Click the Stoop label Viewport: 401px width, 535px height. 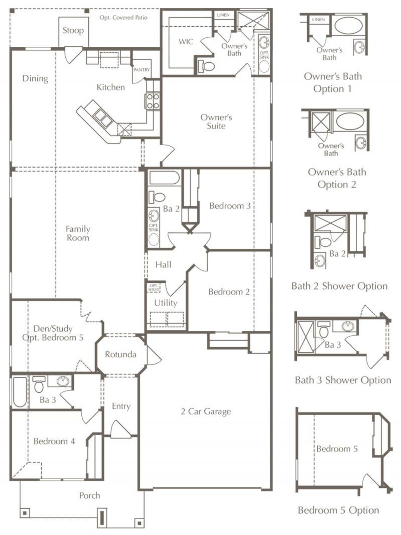73,31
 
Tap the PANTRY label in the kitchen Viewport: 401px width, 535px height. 141,70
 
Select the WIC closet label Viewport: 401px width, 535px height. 185,42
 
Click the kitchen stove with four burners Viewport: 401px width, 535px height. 153,102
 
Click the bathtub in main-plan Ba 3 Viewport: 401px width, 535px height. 20,392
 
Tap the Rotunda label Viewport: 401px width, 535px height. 121,354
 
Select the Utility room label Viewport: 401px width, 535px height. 165,303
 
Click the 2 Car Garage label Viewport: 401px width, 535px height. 206,412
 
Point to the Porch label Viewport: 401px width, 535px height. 90,496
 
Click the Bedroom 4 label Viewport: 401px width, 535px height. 54,441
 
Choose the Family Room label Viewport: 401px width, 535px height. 78,233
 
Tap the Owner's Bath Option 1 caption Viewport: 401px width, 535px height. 333,82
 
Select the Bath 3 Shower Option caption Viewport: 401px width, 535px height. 343,380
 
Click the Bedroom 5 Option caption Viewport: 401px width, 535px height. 338,510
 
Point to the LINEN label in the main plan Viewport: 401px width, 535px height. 223,15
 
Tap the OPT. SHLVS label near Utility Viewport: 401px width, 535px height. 154,288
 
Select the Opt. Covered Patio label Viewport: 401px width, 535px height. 123,18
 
